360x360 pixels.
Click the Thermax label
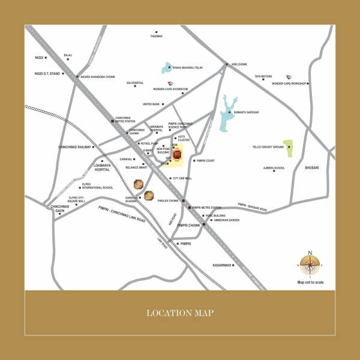(156, 37)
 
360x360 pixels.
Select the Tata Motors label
(263, 77)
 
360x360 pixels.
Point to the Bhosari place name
(313, 167)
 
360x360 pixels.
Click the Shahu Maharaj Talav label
(191, 68)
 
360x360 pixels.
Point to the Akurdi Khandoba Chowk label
(98, 77)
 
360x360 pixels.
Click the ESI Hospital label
(135, 83)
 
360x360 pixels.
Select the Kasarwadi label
(221, 265)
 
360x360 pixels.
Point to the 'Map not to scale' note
(310, 281)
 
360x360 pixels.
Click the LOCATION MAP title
(180, 313)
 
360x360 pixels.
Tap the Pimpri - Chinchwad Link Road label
(122, 214)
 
